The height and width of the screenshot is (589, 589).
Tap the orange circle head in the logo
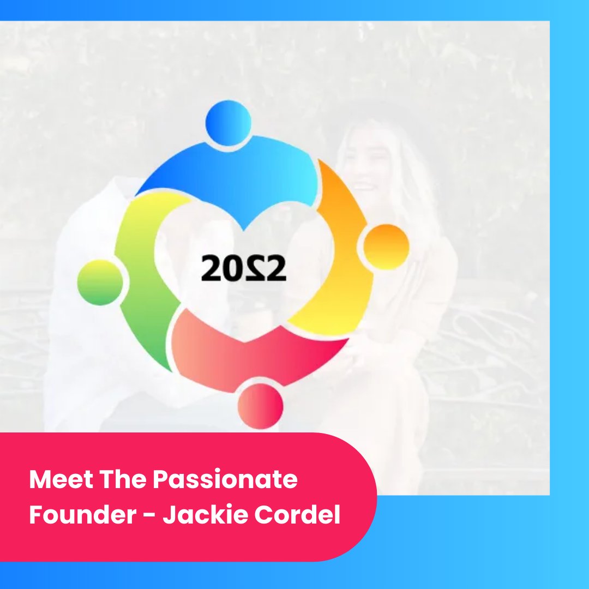(386, 247)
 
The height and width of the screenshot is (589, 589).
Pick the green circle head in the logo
(100, 283)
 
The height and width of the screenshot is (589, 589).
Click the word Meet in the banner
(61, 479)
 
